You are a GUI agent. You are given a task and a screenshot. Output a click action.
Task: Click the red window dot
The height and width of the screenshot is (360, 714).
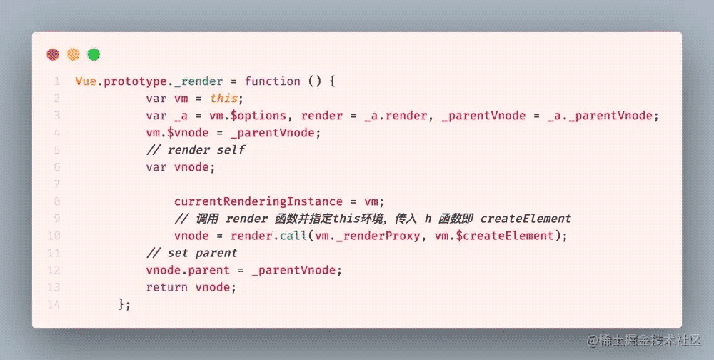pos(52,54)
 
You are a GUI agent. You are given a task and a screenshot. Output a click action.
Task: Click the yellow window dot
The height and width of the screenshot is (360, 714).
pos(73,54)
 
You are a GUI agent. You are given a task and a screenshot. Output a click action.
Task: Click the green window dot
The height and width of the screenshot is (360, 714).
pos(94,54)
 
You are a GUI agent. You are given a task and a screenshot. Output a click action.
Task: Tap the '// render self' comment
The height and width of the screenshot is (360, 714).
pos(195,149)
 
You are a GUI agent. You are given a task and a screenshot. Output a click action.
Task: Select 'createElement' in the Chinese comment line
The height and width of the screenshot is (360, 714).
pos(526,219)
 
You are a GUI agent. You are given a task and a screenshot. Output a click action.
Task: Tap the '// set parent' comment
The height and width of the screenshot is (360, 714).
pos(191,253)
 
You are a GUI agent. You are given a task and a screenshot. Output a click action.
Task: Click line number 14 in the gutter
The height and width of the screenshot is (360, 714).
pos(56,304)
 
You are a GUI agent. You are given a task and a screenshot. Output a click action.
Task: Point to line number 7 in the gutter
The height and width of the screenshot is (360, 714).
pos(56,184)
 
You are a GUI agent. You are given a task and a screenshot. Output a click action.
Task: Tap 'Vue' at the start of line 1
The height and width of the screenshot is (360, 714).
pos(86,81)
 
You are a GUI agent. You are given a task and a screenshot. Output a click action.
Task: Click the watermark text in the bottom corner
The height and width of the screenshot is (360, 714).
pos(645,341)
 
